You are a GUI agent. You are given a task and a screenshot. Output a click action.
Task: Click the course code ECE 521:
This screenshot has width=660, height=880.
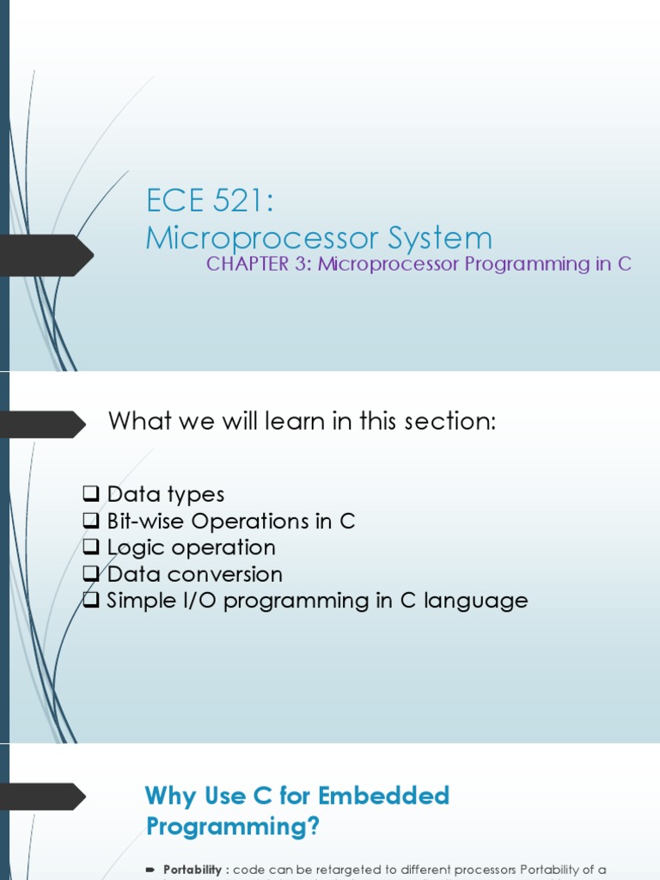tap(209, 204)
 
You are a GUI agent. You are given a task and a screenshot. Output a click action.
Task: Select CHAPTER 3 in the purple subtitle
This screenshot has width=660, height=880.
tap(259, 264)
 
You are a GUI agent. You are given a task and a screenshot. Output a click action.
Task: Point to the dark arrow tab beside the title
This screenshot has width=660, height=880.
tap(47, 254)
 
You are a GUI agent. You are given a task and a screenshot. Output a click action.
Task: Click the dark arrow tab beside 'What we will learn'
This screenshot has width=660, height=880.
tap(43, 424)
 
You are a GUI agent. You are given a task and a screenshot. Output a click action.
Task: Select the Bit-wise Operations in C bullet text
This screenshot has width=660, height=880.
tap(230, 521)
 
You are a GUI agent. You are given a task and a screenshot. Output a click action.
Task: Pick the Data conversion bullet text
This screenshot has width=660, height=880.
tap(194, 574)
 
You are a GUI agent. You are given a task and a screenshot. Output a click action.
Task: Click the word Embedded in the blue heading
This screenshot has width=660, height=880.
tap(384, 796)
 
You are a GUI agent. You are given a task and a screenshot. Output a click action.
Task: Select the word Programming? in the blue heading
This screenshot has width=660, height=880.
tap(233, 827)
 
